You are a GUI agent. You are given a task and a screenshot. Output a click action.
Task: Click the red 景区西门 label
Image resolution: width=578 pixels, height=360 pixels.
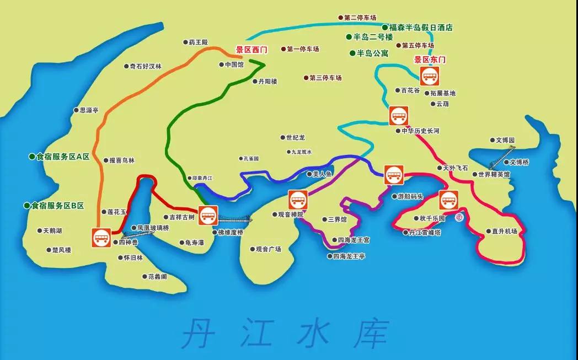point(251,50)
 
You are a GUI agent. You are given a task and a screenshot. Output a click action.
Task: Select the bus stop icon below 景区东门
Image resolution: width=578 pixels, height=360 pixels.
point(429,76)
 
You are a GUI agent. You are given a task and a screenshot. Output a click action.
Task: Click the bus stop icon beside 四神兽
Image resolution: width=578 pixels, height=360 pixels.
point(101,238)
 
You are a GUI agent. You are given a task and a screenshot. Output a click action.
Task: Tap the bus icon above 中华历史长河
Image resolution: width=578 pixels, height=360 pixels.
point(398,116)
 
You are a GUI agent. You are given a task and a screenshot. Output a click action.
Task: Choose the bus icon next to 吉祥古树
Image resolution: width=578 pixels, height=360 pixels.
point(207,214)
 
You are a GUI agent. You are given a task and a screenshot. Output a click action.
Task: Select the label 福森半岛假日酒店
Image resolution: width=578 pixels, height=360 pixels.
point(421,27)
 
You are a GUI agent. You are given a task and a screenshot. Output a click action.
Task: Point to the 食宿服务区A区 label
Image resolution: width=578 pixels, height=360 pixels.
point(62,157)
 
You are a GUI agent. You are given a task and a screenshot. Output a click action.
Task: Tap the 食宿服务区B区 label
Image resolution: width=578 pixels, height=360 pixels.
point(57,205)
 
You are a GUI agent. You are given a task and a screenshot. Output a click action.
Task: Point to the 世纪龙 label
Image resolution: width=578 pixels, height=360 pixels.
point(295,137)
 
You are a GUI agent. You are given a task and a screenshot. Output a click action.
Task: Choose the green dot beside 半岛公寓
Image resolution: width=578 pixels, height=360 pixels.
point(352,53)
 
